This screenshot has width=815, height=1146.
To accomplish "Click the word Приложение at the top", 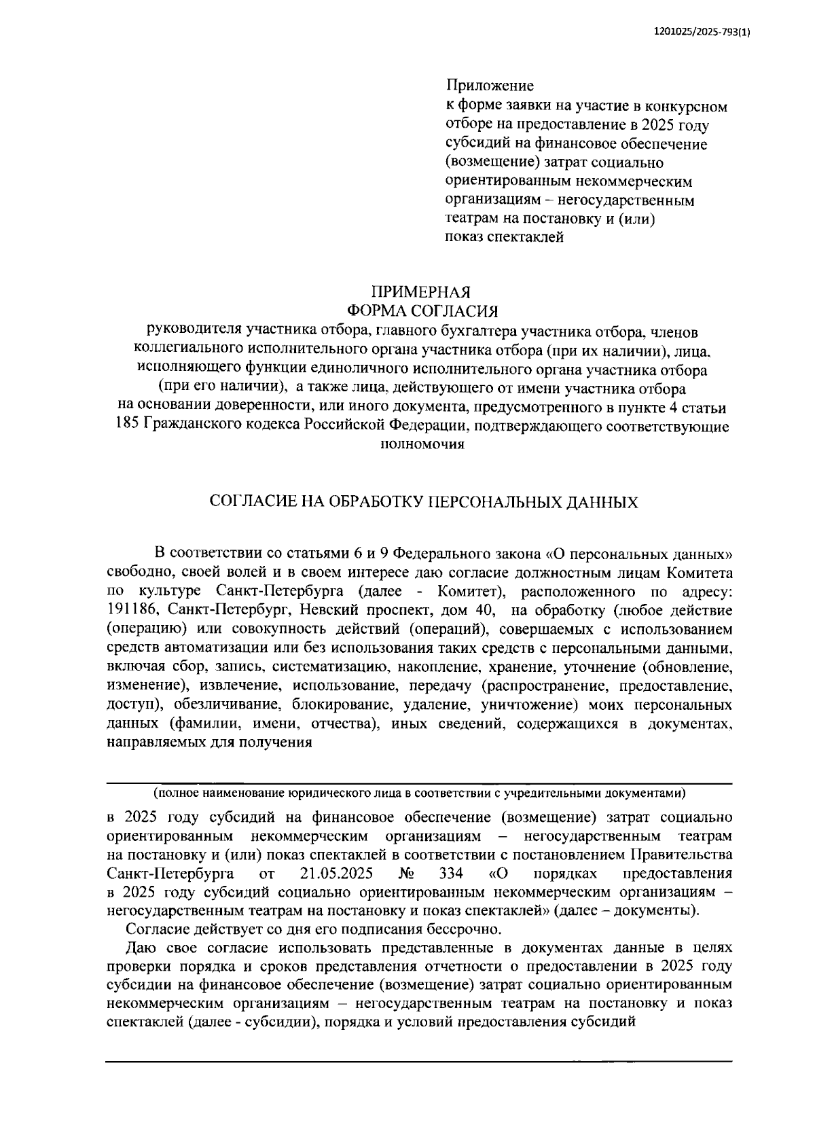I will (489, 86).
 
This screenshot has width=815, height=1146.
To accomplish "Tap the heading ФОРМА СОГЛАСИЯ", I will (422, 312).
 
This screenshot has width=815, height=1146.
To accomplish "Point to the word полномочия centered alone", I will (422, 445).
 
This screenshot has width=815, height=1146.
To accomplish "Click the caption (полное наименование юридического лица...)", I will (420, 793).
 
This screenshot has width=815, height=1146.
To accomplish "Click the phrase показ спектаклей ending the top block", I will (504, 238).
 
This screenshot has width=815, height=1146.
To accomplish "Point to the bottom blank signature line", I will (418, 1061).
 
